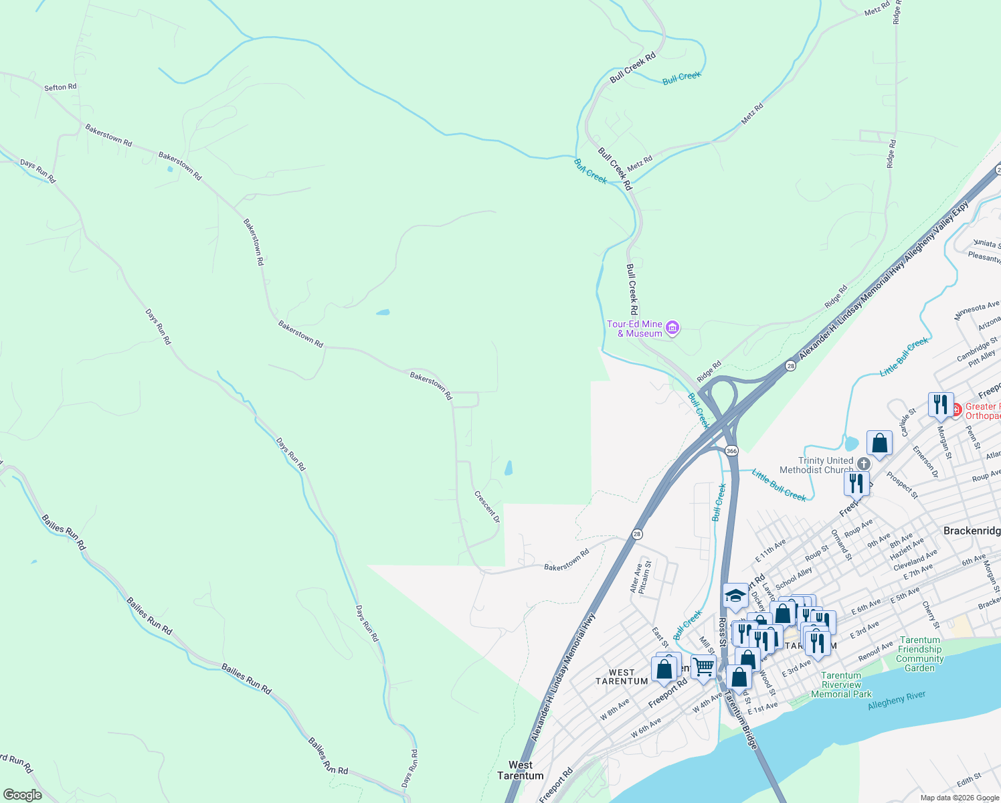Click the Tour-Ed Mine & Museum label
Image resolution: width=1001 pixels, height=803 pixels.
(634, 329)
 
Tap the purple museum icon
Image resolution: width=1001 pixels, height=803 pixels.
(673, 328)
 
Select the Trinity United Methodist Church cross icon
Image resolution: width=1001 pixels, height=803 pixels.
(864, 464)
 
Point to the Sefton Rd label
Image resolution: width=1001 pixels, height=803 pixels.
(60, 87)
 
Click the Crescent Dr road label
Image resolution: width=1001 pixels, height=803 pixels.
(487, 507)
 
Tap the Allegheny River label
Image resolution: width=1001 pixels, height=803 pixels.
(897, 701)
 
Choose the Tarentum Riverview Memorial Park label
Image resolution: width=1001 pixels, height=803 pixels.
(841, 685)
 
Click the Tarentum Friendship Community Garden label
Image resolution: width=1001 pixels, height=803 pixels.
(920, 654)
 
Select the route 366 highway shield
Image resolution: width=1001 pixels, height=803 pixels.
(731, 451)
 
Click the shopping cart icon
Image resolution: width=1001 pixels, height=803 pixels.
(703, 667)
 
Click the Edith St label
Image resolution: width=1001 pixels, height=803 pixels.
(969, 781)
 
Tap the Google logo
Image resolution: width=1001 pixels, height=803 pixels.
(22, 795)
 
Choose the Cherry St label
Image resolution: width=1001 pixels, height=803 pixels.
(931, 615)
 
